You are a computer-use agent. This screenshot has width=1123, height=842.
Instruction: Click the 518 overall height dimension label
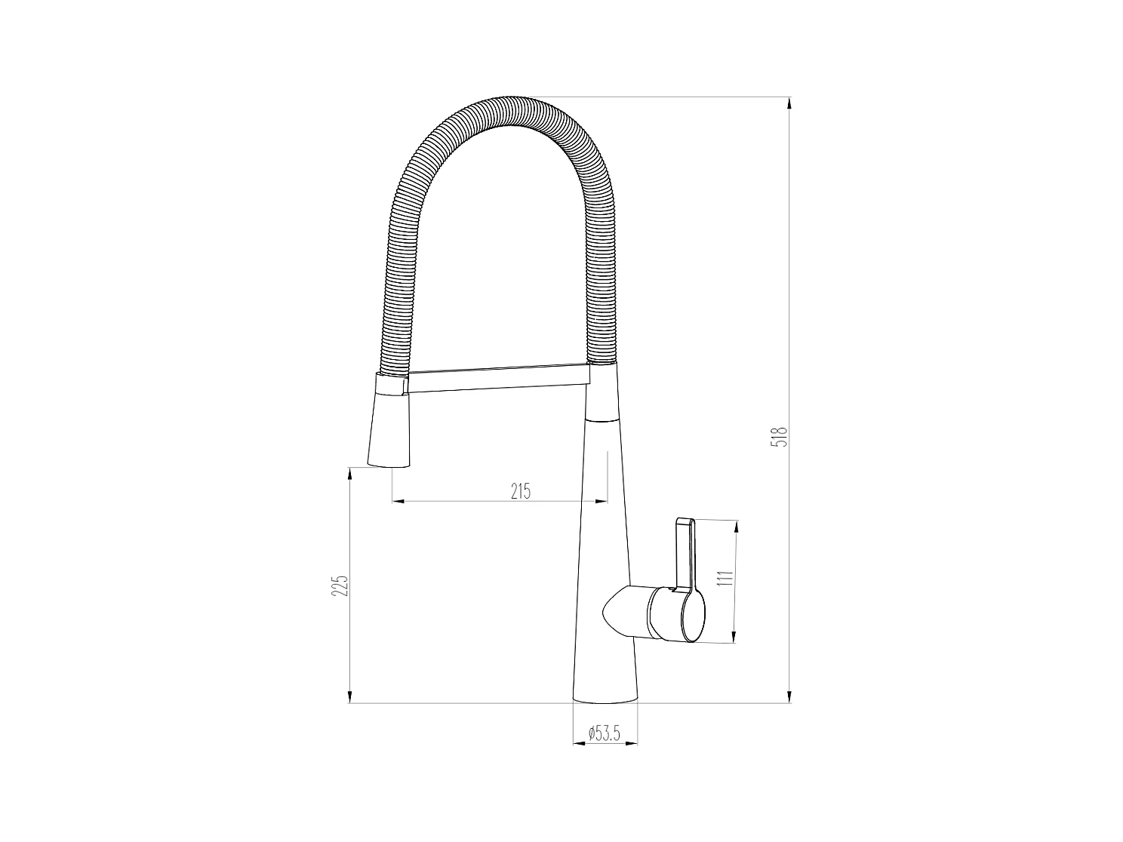(x=783, y=437)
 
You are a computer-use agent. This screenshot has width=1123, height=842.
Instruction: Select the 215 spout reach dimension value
(x=521, y=492)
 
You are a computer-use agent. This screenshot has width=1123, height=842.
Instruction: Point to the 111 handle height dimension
(x=726, y=579)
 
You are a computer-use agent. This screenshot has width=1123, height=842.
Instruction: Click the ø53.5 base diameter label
(x=604, y=733)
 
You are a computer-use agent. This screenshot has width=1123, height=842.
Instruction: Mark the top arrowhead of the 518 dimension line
(x=789, y=103)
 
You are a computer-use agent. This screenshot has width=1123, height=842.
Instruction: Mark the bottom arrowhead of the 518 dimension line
(x=789, y=697)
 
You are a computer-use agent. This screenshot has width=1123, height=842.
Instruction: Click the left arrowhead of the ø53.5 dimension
(x=578, y=744)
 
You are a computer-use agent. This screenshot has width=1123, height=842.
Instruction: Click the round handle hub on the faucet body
(x=676, y=614)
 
